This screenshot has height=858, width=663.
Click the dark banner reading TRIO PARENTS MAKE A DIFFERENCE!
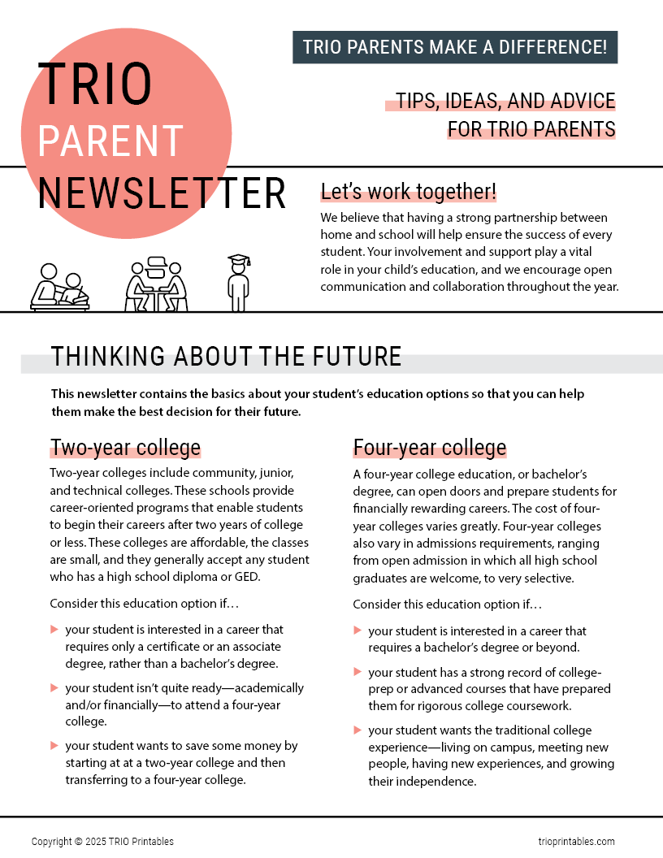pos(455,47)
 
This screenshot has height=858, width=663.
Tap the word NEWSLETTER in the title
pos(162,193)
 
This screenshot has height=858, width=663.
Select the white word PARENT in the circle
pos(110,141)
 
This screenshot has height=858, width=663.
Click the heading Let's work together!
pos(408,192)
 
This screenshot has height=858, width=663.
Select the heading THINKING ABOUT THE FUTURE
pos(226,356)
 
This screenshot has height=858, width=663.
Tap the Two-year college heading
pos(125,448)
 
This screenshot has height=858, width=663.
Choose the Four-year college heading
pos(429,448)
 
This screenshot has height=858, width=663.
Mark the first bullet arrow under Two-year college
pos(54,630)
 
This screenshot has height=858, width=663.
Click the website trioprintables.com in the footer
pos(576,842)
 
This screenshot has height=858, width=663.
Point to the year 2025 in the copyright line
pos(94,842)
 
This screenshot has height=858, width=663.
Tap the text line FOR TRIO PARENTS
pos(531,129)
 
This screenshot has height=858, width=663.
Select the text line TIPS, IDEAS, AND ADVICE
pos(505,102)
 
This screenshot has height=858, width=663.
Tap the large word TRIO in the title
pos(94,84)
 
